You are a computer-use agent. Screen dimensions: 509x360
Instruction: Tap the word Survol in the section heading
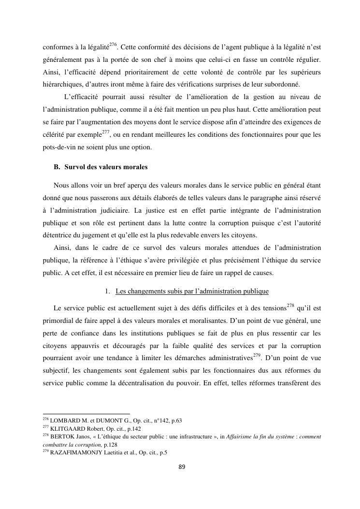tap(75, 167)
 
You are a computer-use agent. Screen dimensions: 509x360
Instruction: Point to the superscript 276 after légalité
tap(113, 45)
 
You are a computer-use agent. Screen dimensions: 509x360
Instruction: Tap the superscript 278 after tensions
tap(290, 305)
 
